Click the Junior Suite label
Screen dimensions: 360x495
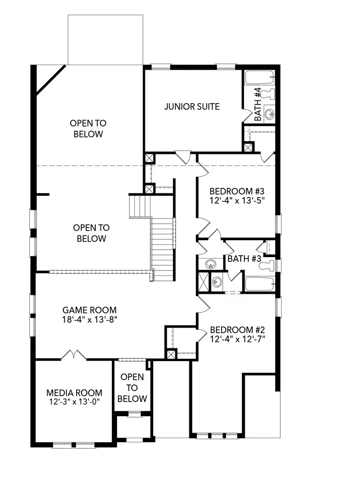coord(192,107)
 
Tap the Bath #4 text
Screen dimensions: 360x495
coord(258,104)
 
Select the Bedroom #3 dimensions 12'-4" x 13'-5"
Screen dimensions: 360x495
coord(237,200)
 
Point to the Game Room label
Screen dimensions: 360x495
coord(89,310)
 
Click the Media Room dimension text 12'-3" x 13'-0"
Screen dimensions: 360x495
coord(74,402)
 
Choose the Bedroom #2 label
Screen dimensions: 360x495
coord(237,330)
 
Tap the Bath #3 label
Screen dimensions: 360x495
coord(244,259)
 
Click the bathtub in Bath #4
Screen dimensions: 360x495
coord(260,77)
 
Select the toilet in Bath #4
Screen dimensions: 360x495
coord(268,94)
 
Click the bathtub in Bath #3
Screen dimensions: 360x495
coord(260,284)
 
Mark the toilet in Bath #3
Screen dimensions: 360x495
coord(267,265)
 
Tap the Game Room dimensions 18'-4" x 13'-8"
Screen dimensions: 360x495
coord(90,319)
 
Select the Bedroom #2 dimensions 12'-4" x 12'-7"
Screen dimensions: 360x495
coord(238,339)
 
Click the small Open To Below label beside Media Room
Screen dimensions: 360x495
coord(132,388)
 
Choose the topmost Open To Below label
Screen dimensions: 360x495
coord(88,128)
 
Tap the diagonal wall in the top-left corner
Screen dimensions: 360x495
coord(51,80)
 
